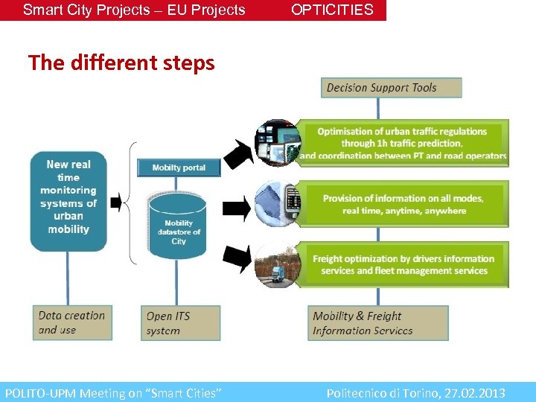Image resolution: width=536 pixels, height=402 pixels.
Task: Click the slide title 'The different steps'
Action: tap(121, 63)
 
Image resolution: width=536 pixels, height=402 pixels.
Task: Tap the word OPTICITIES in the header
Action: tap(332, 10)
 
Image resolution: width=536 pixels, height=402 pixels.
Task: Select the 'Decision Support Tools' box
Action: tap(392, 88)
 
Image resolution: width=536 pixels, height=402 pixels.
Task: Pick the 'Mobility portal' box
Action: tap(179, 167)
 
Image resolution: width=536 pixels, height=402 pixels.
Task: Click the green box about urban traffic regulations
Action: tap(403, 143)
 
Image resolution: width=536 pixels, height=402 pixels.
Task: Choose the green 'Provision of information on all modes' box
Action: tap(403, 204)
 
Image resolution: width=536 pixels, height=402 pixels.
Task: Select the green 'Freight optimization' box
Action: tap(403, 264)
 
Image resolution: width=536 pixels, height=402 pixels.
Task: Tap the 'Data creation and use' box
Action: tap(72, 322)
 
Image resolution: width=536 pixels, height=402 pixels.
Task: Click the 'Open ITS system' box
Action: tap(180, 323)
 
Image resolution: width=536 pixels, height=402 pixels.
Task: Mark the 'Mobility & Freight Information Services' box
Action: tap(378, 323)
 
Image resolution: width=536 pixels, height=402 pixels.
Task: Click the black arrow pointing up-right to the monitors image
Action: tap(238, 152)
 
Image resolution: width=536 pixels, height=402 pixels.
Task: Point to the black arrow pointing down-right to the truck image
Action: tap(238, 258)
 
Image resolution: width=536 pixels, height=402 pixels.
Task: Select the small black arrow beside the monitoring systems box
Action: tap(115, 202)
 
